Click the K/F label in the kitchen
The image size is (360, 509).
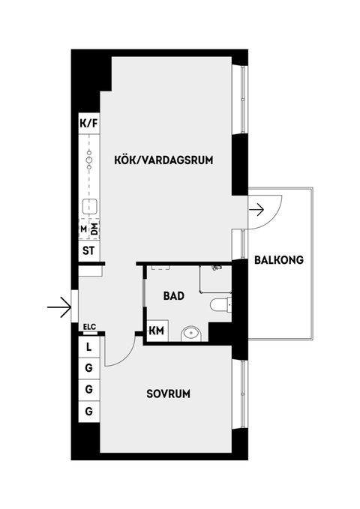click(x=88, y=123)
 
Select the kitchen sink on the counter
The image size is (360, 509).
click(x=88, y=205)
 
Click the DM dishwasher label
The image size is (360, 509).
click(x=94, y=229)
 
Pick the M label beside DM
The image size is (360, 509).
click(x=82, y=229)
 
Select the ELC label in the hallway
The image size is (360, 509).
click(x=89, y=326)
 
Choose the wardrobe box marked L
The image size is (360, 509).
click(x=88, y=347)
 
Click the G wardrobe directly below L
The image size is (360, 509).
click(x=88, y=369)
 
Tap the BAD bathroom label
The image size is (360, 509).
click(x=173, y=295)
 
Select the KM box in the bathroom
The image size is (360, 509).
click(x=157, y=331)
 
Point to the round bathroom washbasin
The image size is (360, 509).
click(x=192, y=332)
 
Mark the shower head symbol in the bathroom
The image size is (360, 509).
click(x=216, y=266)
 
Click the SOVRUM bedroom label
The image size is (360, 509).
click(x=168, y=394)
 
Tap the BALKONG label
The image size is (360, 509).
click(x=278, y=261)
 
